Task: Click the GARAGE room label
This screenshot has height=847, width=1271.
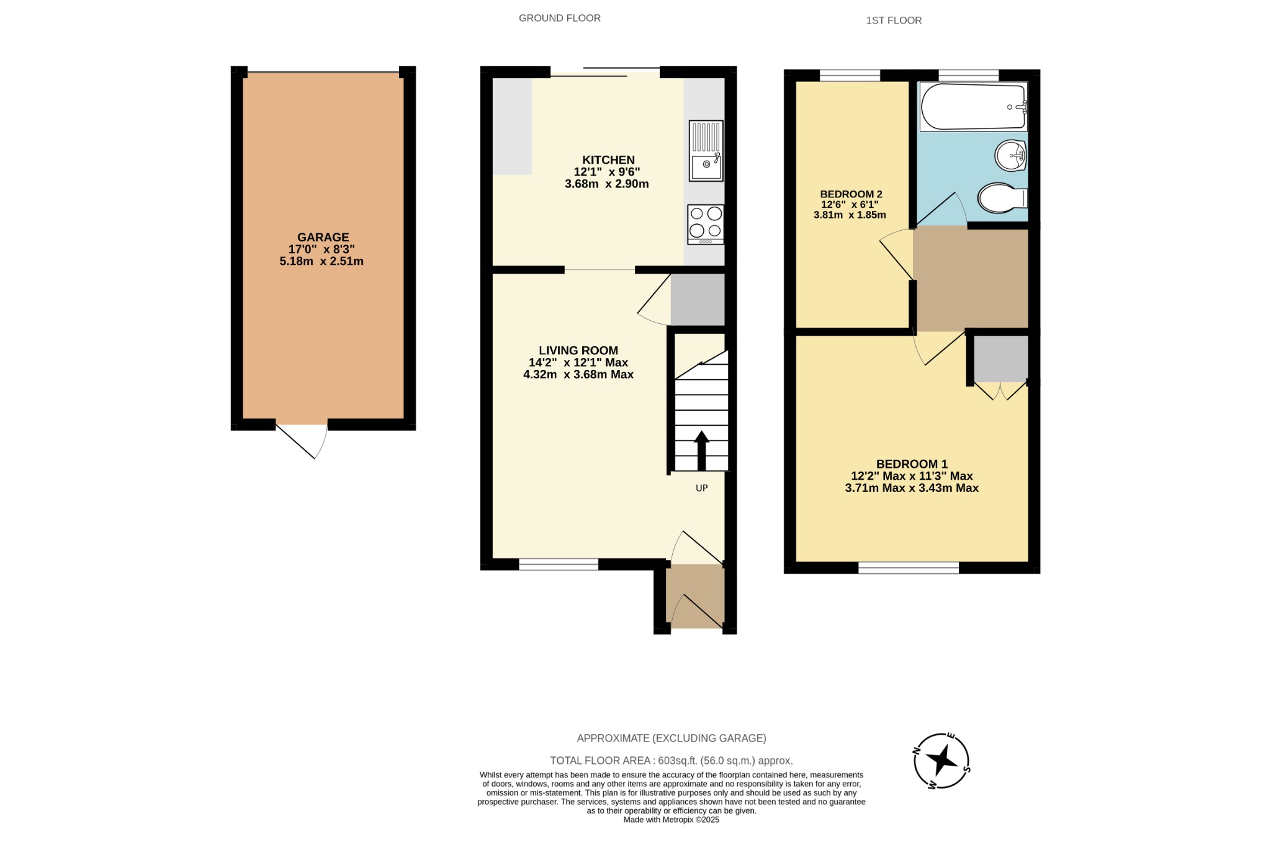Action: click(323, 237)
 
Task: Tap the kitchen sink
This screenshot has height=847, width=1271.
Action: click(706, 151)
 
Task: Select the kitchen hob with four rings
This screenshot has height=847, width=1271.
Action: click(706, 223)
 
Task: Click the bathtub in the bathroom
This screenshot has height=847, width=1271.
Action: click(972, 107)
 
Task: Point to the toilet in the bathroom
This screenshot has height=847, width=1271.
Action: click(1001, 198)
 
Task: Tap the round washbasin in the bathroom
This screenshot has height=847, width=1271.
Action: click(1010, 155)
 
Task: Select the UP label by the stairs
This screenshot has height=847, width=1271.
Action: click(701, 488)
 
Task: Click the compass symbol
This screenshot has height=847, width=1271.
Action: click(941, 760)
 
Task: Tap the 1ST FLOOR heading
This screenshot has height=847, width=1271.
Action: click(894, 20)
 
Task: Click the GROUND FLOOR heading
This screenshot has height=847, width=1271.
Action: click(559, 18)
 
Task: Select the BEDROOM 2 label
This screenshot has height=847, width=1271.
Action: click(850, 194)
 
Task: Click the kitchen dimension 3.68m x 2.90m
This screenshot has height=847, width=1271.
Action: click(606, 184)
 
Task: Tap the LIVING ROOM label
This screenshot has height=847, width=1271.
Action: click(578, 351)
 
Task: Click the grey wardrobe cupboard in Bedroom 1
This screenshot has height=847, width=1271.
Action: click(1000, 359)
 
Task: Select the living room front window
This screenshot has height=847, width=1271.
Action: click(558, 564)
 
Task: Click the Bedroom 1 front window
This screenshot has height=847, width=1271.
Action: click(909, 567)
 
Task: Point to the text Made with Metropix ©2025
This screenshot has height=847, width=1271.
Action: click(671, 820)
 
